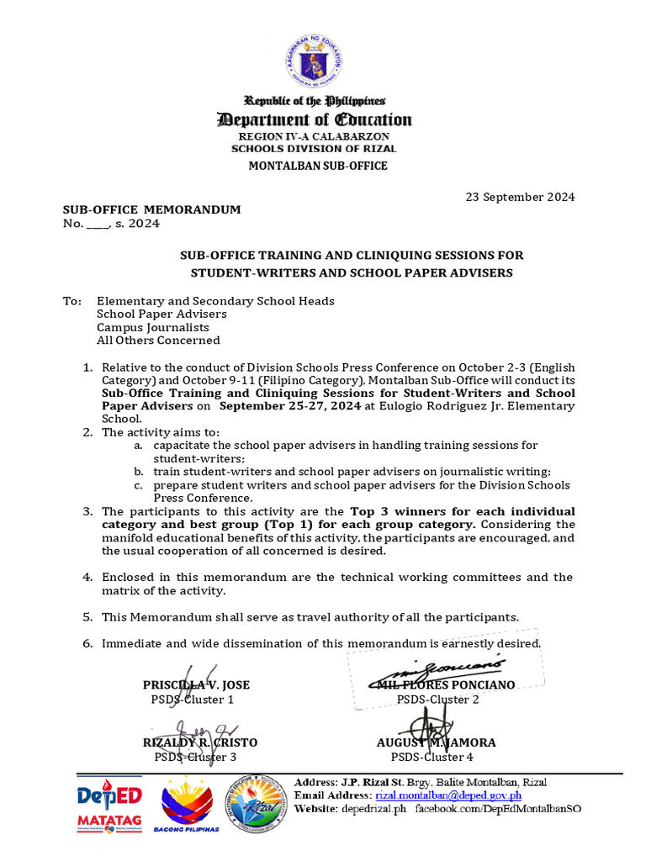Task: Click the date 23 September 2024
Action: coord(521,197)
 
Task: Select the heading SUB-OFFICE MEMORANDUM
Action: coord(151,209)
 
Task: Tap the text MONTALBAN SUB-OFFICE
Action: coord(317,166)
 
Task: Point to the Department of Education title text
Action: coord(315,119)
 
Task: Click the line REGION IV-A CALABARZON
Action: coord(314,136)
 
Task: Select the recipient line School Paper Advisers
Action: coord(161,314)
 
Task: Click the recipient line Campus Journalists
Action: coord(153,327)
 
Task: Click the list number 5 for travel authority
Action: coord(87,616)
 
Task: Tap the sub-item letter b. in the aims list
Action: coord(138,472)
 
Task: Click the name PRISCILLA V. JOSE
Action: coord(196,684)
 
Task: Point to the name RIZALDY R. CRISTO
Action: coord(199,742)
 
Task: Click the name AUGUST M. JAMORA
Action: coord(436,742)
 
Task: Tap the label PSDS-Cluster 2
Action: coord(437,699)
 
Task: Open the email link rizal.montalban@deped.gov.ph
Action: coord(448,795)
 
